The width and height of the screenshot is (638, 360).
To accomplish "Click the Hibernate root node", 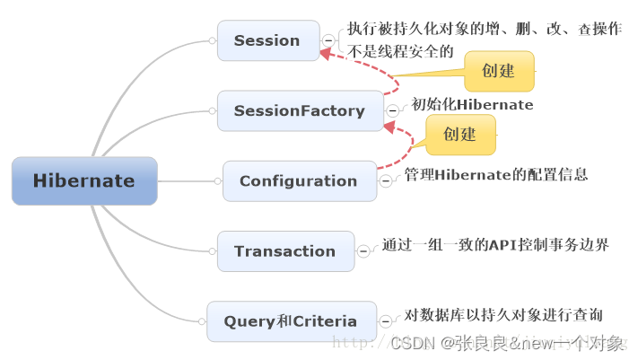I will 84,180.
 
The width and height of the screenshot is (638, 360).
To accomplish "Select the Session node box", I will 267,40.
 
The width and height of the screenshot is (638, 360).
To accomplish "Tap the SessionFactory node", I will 299,110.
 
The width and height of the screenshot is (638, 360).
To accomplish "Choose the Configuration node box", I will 299,180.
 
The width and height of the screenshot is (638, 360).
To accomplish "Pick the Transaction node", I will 284,251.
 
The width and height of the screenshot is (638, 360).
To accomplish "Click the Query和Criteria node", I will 291,321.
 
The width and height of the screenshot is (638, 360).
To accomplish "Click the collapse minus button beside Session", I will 328,40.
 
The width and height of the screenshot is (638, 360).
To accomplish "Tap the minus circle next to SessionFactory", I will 392,110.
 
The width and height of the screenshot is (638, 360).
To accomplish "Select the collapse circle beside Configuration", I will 386,180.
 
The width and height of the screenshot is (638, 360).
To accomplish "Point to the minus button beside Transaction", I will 363,251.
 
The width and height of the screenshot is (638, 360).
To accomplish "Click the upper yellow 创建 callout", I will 498,71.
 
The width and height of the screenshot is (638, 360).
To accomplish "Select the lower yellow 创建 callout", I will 459,134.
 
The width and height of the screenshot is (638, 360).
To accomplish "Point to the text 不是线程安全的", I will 400,51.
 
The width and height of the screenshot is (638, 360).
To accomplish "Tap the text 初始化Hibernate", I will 472,105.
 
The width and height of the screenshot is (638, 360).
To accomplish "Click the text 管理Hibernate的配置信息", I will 495,174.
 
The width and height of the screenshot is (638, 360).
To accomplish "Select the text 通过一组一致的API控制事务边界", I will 495,244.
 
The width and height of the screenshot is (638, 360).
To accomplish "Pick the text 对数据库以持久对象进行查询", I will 503,314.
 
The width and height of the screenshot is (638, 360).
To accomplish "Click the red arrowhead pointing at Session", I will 326,54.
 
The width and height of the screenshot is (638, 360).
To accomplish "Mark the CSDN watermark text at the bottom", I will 507,342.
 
